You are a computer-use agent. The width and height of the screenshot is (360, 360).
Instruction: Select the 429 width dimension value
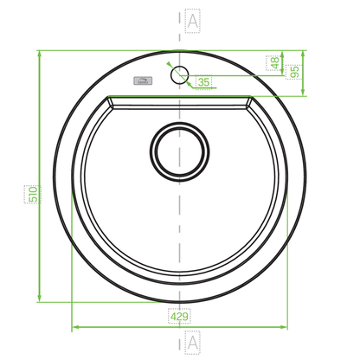(179, 317)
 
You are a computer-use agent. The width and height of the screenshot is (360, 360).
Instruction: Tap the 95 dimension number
(294, 72)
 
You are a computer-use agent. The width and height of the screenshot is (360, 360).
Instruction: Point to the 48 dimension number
(275, 63)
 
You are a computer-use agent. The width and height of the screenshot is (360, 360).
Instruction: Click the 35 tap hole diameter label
(203, 82)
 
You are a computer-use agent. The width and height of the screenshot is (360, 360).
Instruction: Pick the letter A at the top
(192, 21)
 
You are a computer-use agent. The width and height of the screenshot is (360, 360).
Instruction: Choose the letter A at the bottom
(192, 343)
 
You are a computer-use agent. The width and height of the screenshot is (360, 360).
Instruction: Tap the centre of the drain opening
(179, 151)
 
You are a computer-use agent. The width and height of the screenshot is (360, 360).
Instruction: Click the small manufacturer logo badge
(143, 81)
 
